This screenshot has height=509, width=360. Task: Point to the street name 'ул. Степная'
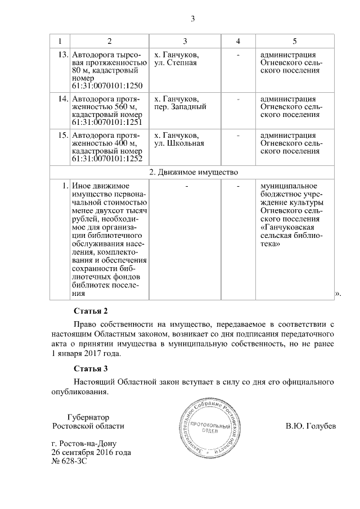point(175,63)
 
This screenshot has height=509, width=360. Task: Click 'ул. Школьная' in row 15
point(179,143)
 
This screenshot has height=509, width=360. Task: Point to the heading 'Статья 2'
point(90,311)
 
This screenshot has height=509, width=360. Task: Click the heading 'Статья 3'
point(90,369)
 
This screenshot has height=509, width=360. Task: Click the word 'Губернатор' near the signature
point(88,417)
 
